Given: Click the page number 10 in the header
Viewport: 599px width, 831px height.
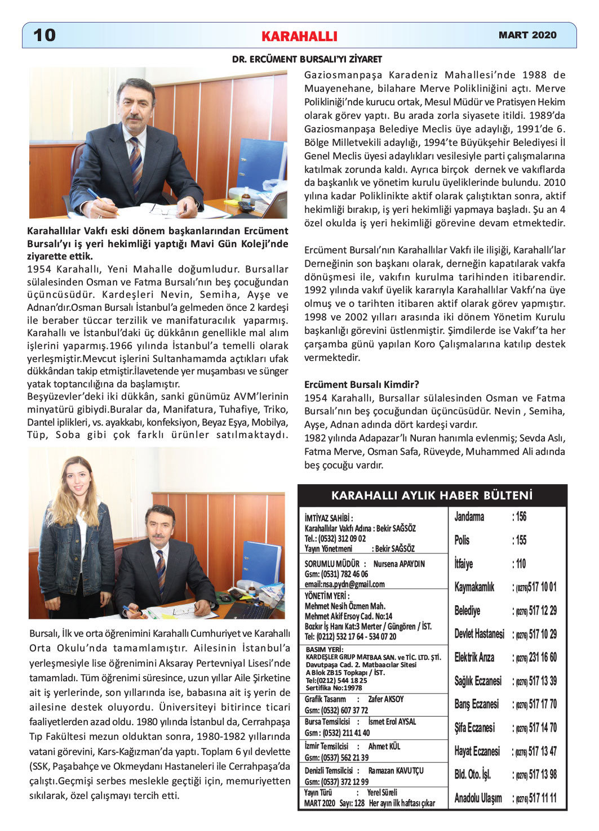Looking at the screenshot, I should [45, 35].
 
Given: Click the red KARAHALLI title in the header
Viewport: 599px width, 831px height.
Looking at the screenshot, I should [299, 37].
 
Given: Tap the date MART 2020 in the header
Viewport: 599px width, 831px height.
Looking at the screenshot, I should [527, 35].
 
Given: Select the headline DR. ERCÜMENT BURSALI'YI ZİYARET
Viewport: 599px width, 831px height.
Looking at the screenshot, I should [307, 59].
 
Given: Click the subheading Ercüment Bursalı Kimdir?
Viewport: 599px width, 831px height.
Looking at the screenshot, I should [361, 385].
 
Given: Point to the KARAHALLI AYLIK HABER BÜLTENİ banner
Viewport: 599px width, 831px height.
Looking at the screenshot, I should [432, 495].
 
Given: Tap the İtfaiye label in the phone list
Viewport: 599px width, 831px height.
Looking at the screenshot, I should [464, 564].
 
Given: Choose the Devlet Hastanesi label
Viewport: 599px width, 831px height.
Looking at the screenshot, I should [479, 634].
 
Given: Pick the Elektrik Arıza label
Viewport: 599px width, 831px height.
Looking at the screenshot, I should [474, 657].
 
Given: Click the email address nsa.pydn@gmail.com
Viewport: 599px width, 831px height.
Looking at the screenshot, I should [344, 584].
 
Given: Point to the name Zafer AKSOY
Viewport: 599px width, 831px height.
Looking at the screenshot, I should [386, 699].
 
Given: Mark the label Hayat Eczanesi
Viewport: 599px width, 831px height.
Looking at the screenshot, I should [477, 751].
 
